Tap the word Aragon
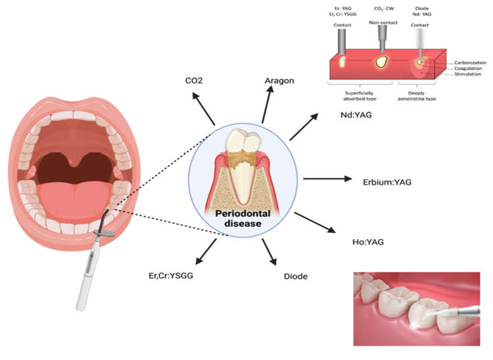(279, 80)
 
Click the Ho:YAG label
(367, 242)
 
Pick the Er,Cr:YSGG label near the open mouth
(171, 277)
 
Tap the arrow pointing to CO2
(204, 109)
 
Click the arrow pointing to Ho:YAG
(316, 223)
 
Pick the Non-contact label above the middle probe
(382, 24)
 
